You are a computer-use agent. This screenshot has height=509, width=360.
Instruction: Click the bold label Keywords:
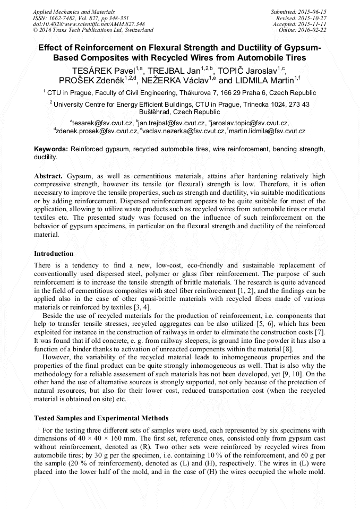(x=51, y=150)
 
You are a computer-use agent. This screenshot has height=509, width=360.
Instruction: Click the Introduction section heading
(x=54, y=254)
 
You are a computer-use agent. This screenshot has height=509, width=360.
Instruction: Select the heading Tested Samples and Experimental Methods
(x=101, y=418)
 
